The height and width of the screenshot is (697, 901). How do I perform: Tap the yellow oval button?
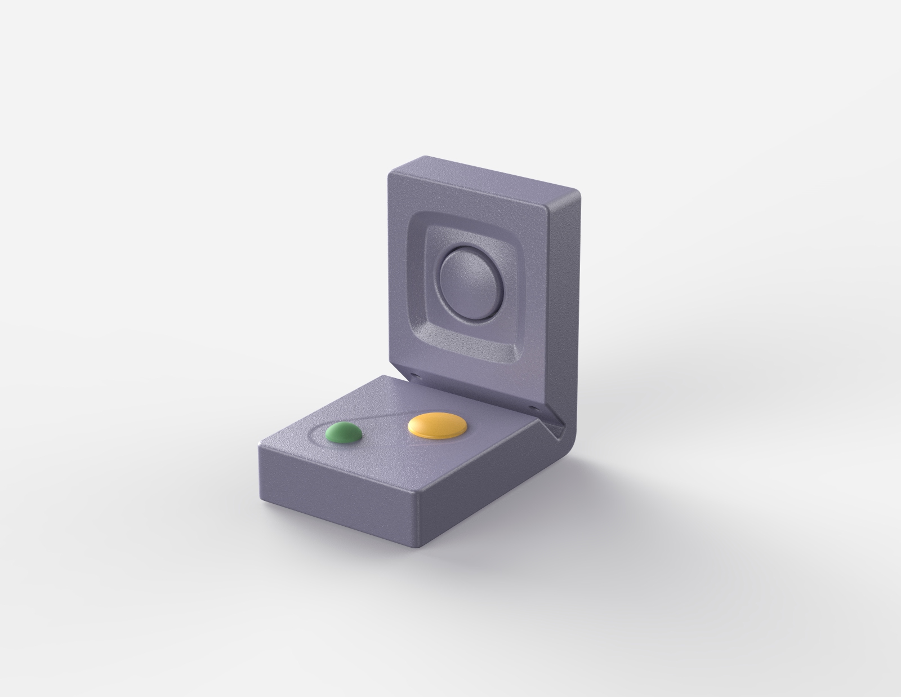pos(437,427)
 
